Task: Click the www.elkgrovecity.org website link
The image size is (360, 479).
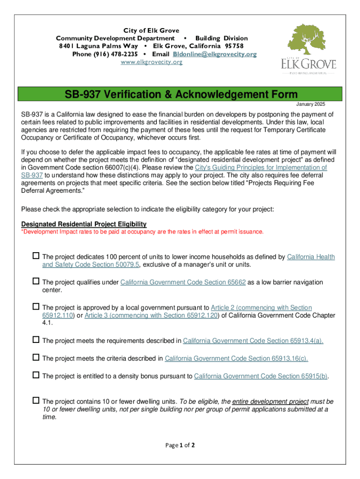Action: [151, 62]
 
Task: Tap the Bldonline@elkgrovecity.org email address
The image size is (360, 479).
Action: [215, 54]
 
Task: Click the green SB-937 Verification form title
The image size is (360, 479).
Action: [180, 94]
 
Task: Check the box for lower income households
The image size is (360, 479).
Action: [36, 256]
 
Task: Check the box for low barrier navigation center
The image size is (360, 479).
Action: [36, 282]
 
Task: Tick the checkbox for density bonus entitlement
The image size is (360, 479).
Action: [36, 375]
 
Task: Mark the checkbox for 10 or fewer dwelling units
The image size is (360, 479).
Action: [36, 400]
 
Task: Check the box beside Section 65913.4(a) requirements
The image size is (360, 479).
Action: [36, 340]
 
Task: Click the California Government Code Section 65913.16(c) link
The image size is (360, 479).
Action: [236, 358]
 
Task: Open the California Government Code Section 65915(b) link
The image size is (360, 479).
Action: [261, 376]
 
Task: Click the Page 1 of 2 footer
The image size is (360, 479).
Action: [180, 445]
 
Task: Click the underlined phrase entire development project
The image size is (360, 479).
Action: [270, 401]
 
